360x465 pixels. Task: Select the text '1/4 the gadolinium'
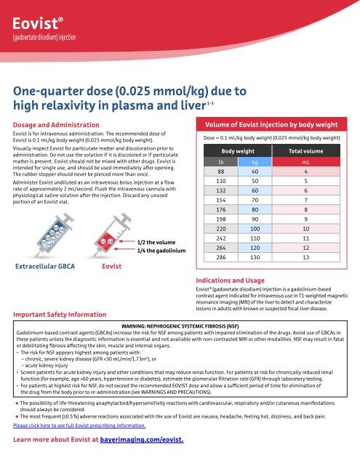(x=162, y=251)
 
